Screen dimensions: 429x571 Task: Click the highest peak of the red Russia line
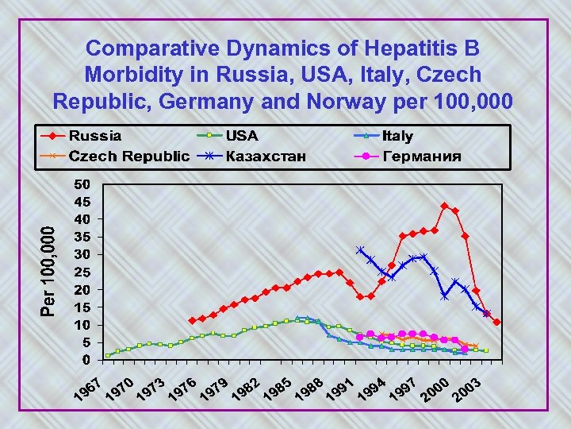[x=444, y=206]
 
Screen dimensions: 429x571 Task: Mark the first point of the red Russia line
[x=192, y=321]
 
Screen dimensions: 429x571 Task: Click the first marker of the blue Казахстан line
[x=360, y=249]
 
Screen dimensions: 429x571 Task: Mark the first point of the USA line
[x=108, y=356]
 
